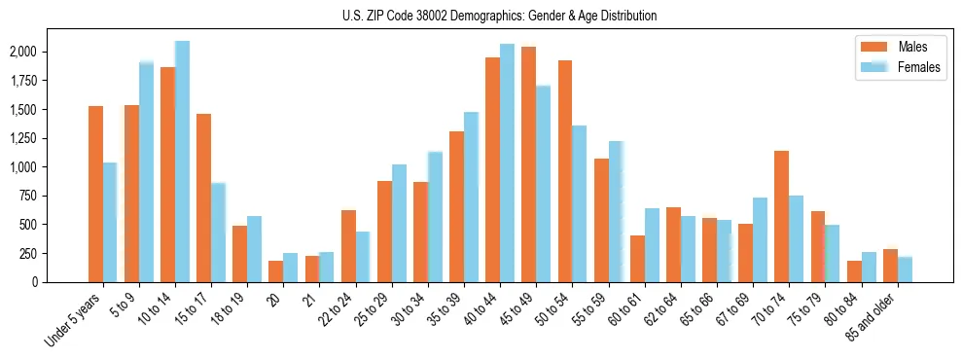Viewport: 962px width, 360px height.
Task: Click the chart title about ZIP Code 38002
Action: click(499, 16)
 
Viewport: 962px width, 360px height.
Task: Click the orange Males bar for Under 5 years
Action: click(95, 195)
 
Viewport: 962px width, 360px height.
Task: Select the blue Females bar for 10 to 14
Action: click(182, 162)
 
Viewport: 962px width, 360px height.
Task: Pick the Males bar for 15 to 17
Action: click(203, 198)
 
